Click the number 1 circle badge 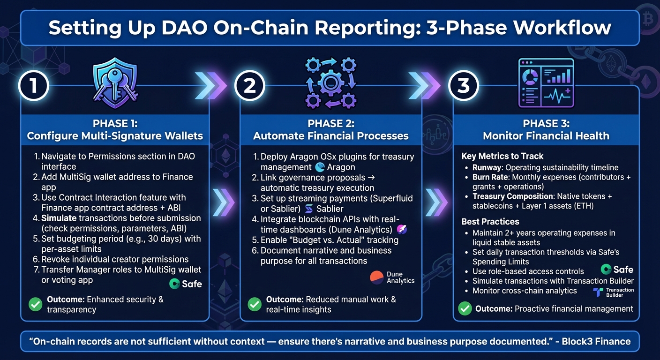[x=33, y=86]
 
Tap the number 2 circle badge [x=250, y=86]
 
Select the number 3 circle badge [x=463, y=86]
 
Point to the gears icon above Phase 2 [x=330, y=82]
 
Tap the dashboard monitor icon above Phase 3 [x=546, y=82]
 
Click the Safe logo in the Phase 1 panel [x=186, y=284]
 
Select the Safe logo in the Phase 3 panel [x=617, y=269]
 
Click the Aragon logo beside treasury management [x=335, y=167]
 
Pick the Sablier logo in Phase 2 [x=324, y=209]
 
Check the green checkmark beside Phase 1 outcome [x=35, y=304]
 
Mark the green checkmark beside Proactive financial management [x=465, y=308]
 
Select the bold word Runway [x=487, y=167]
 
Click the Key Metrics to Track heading [x=502, y=156]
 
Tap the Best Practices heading [x=490, y=221]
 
